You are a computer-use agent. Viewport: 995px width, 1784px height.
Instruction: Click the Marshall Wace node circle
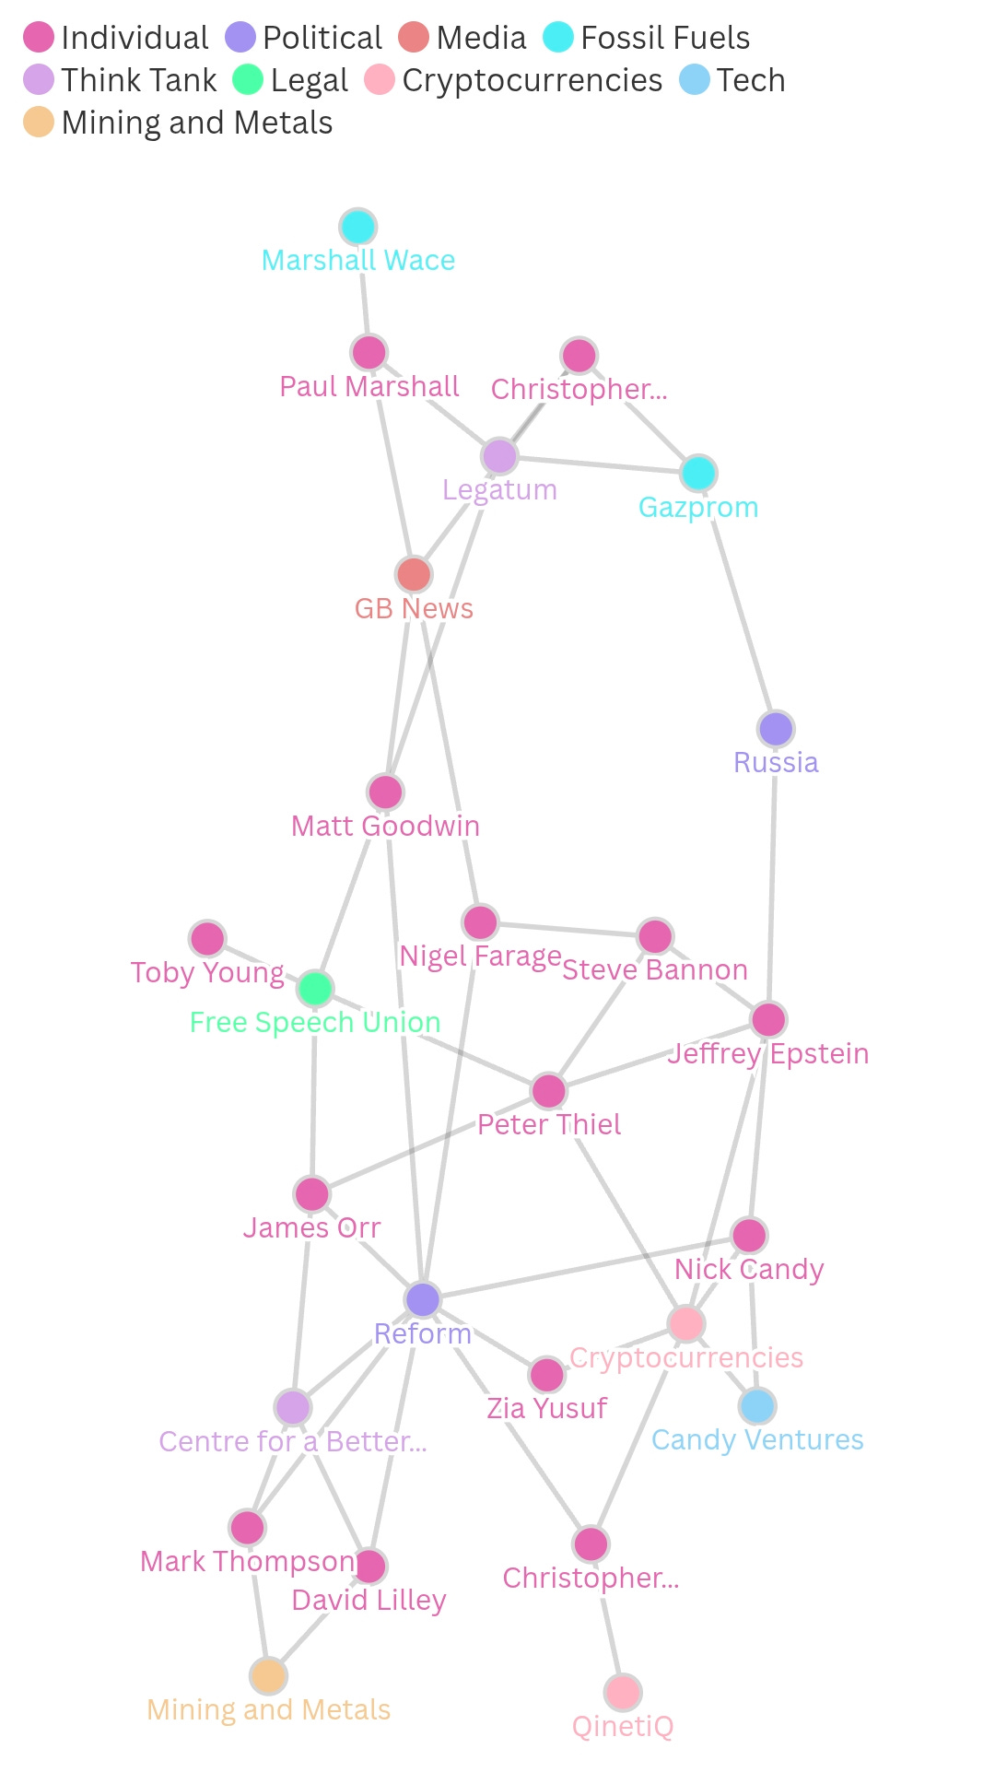pos(357,227)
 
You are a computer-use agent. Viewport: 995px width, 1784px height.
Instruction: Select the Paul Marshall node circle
pos(369,352)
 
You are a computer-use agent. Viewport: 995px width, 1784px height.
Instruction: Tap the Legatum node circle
pos(499,456)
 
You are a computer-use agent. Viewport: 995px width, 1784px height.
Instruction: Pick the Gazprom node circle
pos(698,473)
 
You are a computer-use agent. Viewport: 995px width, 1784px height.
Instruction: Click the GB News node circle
pos(414,574)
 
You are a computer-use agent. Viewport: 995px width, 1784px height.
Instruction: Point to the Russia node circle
pos(776,729)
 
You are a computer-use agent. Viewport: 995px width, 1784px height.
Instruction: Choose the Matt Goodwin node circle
pos(385,792)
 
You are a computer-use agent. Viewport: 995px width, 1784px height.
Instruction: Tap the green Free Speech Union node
pos(315,989)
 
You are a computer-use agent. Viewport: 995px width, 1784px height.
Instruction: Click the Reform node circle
pos(423,1299)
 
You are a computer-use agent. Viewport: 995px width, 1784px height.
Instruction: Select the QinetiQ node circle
pos(623,1692)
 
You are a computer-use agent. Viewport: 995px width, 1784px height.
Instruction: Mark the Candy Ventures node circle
pos(757,1406)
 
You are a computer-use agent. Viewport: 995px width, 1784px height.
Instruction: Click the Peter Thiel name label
pos(549,1124)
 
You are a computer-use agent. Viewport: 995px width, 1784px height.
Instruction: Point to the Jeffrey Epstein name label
pos(768,1053)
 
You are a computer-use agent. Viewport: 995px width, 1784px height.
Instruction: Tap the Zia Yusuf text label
pos(546,1408)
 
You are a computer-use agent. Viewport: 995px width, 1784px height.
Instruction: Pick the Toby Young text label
pos(207,972)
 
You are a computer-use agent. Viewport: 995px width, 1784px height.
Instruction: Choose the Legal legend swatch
pos(248,80)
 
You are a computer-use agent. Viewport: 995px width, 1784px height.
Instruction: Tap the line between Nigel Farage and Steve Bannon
pos(568,929)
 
